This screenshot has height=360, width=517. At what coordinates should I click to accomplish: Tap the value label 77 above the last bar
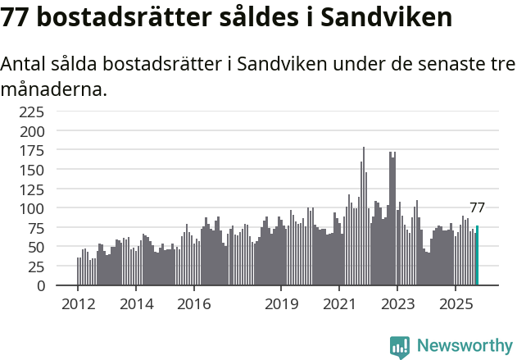477,207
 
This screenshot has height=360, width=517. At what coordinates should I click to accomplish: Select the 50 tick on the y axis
48,247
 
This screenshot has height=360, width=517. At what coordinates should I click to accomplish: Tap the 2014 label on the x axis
136,303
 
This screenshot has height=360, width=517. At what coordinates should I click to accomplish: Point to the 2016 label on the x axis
193,303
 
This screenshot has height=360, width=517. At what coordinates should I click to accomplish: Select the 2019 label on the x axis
281,303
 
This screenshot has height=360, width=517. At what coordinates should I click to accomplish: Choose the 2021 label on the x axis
338,303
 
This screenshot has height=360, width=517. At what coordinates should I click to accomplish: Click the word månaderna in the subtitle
54,89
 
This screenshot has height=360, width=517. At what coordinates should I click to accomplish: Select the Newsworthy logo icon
399,346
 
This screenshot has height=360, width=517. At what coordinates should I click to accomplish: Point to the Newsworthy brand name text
464,346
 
